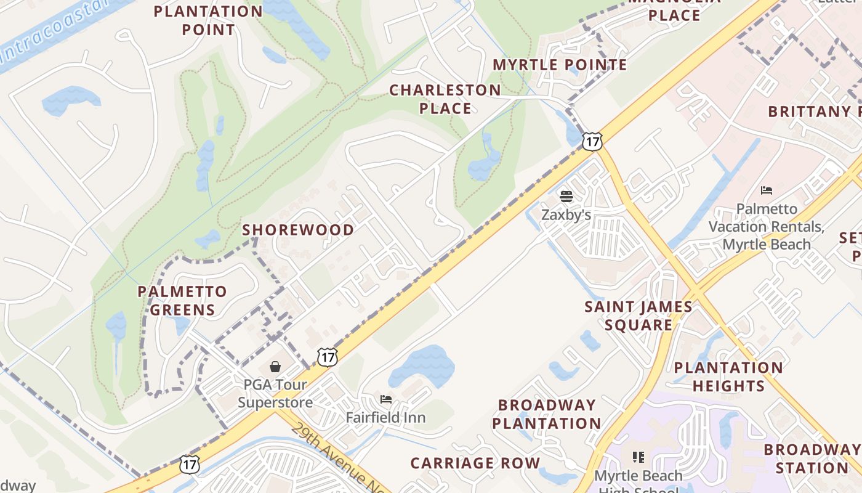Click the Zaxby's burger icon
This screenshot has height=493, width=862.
pyautogui.click(x=566, y=197)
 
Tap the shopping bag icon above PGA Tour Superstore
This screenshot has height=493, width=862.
pyautogui.click(x=275, y=367)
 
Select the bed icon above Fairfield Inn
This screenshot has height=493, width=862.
pyautogui.click(x=386, y=399)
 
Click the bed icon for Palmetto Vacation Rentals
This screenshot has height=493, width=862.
pyautogui.click(x=767, y=190)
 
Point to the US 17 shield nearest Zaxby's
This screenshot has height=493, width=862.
pyautogui.click(x=592, y=141)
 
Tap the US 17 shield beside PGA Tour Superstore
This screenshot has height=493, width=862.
pyautogui.click(x=328, y=356)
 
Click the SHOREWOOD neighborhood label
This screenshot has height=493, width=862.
pyautogui.click(x=298, y=230)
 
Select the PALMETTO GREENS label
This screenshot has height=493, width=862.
pyautogui.click(x=182, y=300)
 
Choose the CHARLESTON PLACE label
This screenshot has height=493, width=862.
pyautogui.click(x=445, y=99)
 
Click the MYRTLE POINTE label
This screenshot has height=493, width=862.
pyautogui.click(x=560, y=65)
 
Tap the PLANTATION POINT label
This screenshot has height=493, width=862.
pyautogui.click(x=208, y=20)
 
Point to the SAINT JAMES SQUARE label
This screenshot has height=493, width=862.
pyautogui.click(x=638, y=316)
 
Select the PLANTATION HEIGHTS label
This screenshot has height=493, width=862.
pyautogui.click(x=728, y=377)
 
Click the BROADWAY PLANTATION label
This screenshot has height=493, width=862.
pyautogui.click(x=546, y=414)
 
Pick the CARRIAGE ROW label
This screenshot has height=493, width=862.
pyautogui.click(x=475, y=463)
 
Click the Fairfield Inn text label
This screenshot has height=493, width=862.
pyautogui.click(x=385, y=417)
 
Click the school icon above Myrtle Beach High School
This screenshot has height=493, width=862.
pyautogui.click(x=638, y=457)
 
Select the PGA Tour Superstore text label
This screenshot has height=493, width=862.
pyautogui.click(x=275, y=393)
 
